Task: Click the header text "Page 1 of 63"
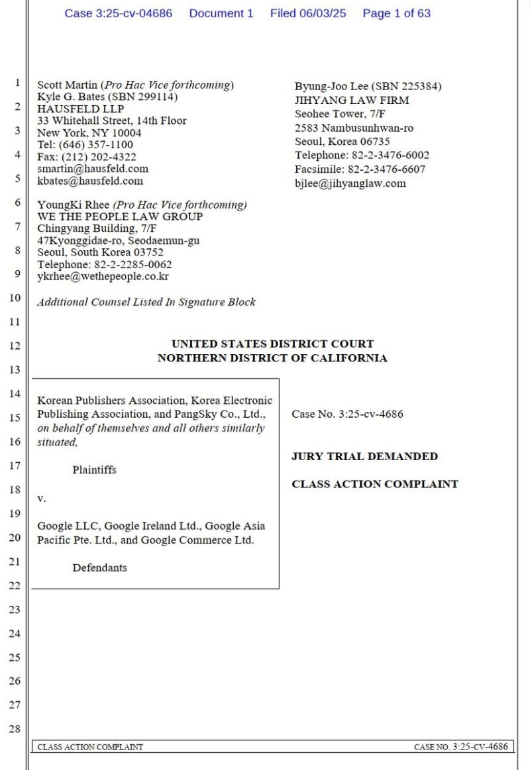pos(396,13)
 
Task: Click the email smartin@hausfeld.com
pos(93,169)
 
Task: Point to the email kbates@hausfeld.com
pos(90,181)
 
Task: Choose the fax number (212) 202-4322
pos(97,157)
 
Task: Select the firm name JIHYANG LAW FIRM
pos(352,101)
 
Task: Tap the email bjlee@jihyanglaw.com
pos(350,183)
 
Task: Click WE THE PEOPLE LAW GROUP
pos(120,217)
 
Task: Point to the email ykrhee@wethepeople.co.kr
pos(103,277)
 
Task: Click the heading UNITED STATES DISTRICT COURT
pos(272,344)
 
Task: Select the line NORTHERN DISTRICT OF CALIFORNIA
pos(272,358)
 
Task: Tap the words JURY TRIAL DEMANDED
pos(364,456)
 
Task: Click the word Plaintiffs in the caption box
pos(94,470)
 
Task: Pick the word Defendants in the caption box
pos(99,567)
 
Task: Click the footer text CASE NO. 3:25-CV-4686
pos(461,747)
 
